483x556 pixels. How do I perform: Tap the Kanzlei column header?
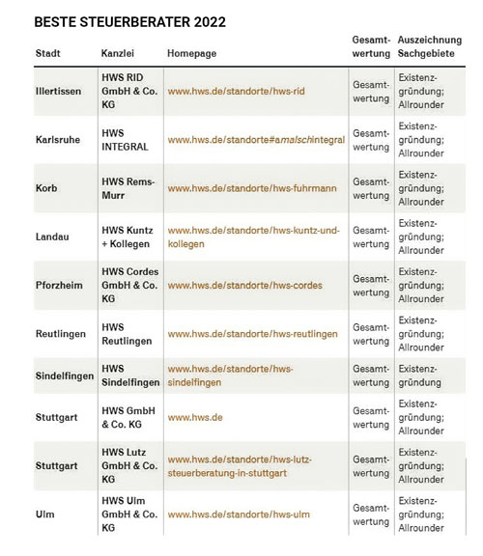click(118, 52)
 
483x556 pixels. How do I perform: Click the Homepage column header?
click(192, 52)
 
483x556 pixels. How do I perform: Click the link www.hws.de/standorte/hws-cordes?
click(245, 286)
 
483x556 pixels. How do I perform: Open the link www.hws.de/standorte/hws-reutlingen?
click(252, 334)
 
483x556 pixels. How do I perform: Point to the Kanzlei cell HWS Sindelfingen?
click(129, 376)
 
